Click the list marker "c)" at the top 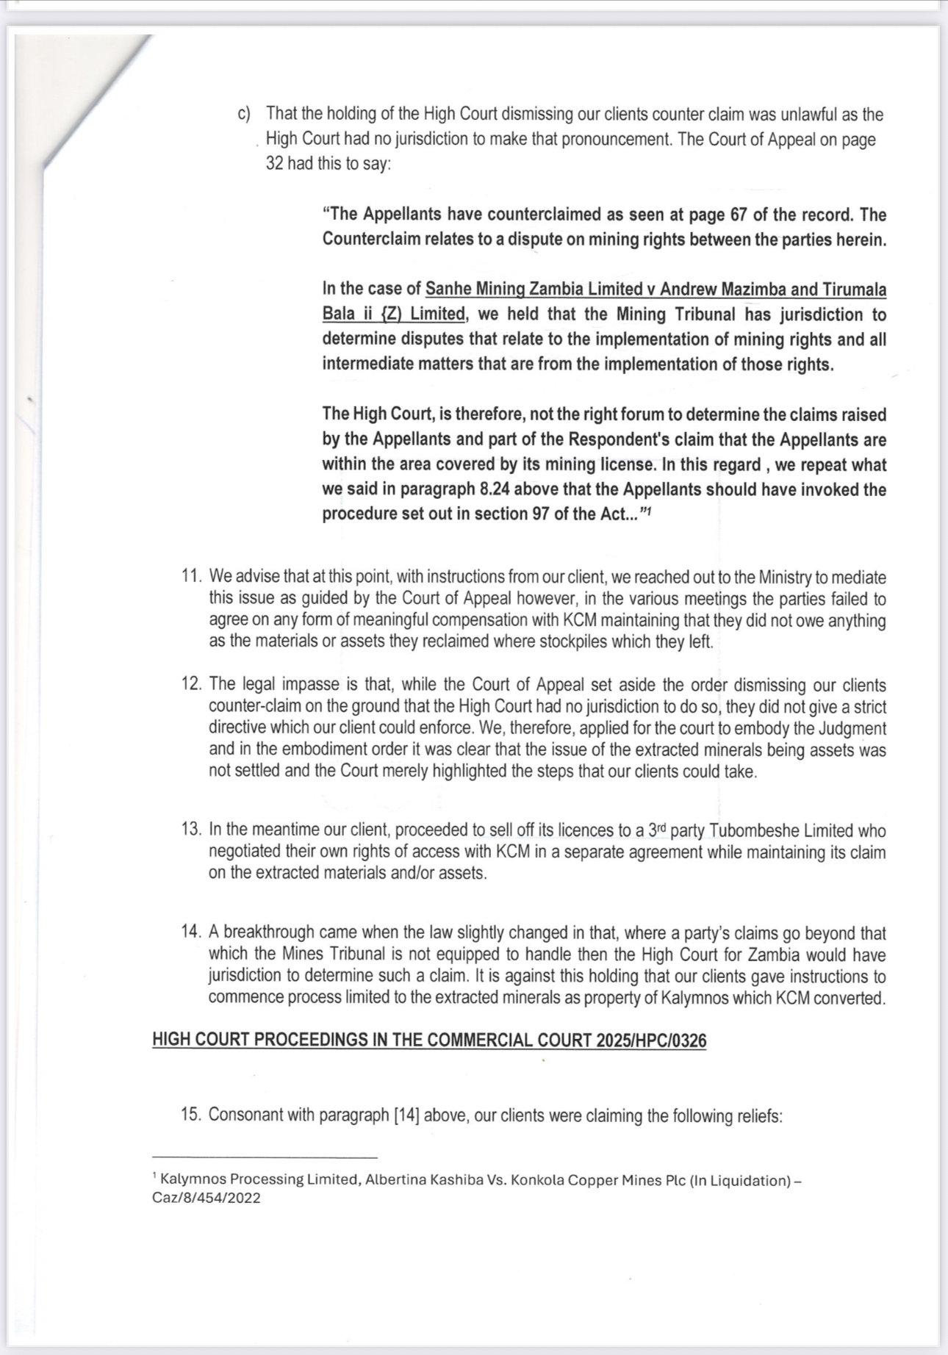point(244,115)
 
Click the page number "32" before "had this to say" point(274,163)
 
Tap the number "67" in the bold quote point(738,215)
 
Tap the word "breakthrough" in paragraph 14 point(271,932)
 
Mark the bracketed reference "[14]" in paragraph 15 point(406,1115)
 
